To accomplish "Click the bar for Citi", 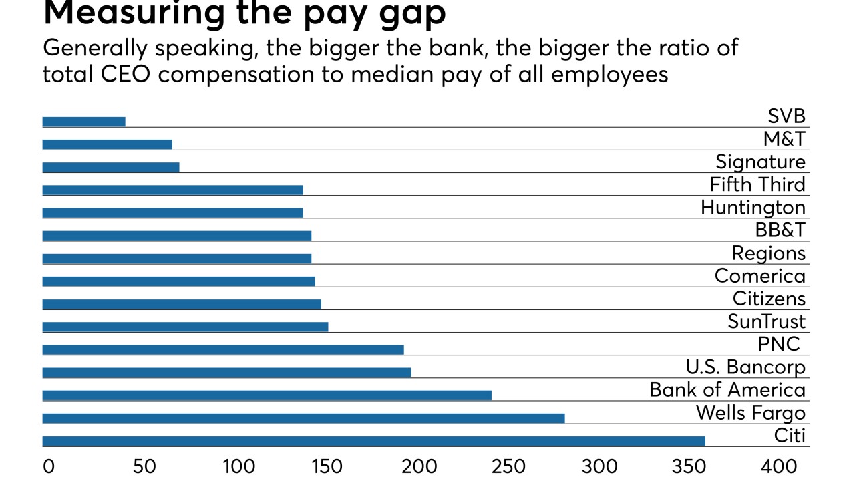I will coord(373,441).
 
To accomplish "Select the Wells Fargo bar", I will coord(303,418).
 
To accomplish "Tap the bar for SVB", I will coord(83,122).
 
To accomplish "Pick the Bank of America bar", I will coord(267,395).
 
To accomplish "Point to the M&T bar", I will coord(107,144).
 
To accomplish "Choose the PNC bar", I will coord(223,349).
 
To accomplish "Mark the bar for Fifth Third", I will coord(172,190).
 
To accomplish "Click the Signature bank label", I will coord(760,162).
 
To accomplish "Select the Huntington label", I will coord(753,208).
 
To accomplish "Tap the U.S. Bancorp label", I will coord(745,367).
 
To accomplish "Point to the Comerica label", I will coord(759,276).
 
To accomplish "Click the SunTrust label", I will coord(766,321).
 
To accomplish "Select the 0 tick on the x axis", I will coord(48,466).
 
